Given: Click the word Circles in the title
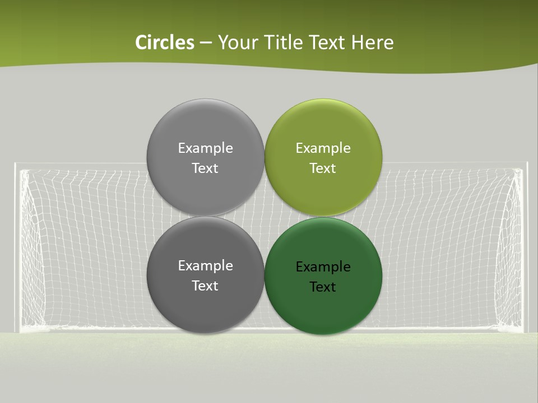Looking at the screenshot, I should (x=165, y=43).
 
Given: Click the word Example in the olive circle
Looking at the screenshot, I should (x=323, y=148).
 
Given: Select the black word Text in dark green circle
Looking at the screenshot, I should (x=323, y=287).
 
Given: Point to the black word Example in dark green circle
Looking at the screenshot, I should (x=323, y=267).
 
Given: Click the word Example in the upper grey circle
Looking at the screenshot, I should (x=205, y=148).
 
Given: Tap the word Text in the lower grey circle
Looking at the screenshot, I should (x=205, y=286).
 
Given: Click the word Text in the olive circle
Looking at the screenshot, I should (x=323, y=168).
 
